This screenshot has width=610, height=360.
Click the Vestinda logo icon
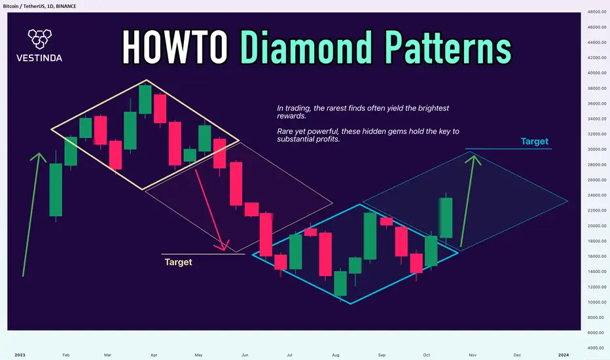pos(40,39)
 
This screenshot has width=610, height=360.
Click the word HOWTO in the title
pos(175,47)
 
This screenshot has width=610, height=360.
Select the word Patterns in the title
pos(448,47)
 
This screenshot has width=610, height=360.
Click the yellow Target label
pos(178,262)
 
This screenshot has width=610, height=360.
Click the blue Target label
pos(535,141)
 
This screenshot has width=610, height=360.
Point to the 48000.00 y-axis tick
pos(596,12)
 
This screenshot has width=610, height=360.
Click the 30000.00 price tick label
pos(596,149)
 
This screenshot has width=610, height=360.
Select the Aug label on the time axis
pos(336,355)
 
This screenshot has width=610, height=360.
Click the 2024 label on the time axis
pos(564,355)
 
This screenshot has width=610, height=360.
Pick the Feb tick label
pos(65,355)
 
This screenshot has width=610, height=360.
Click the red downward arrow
pos(210,209)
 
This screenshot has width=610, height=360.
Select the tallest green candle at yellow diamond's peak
pos(145,99)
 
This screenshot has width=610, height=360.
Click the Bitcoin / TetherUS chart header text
pos(39,7)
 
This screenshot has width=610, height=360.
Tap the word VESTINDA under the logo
pos(39,58)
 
